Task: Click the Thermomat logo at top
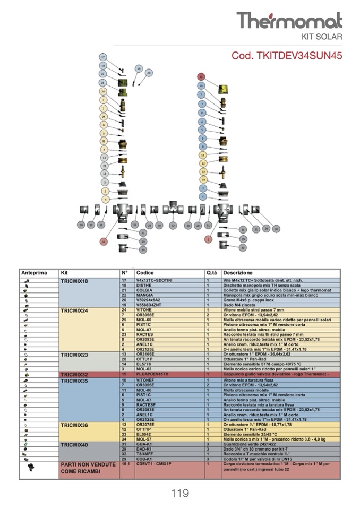[289, 21]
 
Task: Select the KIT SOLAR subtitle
[322, 37]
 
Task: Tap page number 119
[180, 494]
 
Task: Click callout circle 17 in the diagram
[104, 57]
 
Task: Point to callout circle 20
[149, 73]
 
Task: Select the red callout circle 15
[201, 76]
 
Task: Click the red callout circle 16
[104, 241]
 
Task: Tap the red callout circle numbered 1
[208, 240]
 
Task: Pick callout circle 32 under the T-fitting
[173, 226]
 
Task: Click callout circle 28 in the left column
[105, 166]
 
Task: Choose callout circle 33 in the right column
[202, 172]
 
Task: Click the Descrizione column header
[237, 273]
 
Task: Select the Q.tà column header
[211, 273]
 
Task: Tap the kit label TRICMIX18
[74, 280]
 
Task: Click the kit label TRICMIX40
[74, 444]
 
